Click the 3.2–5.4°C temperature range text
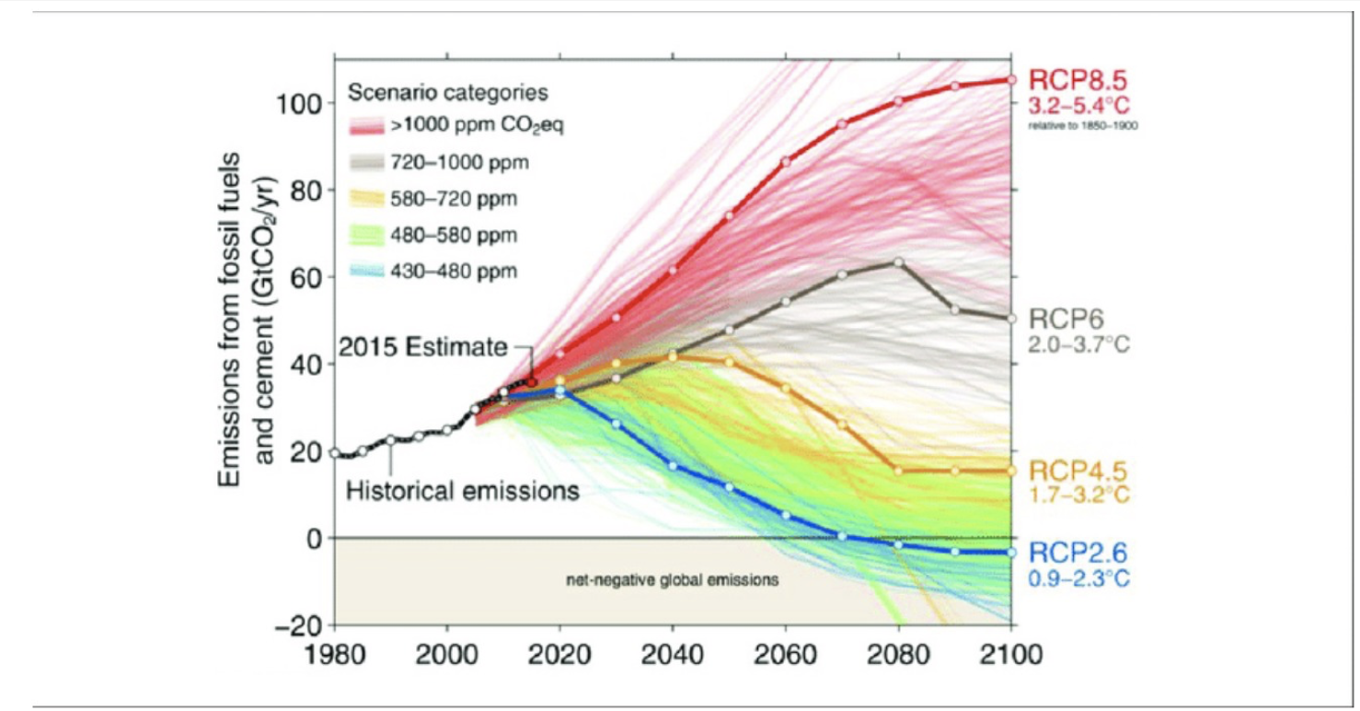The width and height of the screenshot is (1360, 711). (1078, 104)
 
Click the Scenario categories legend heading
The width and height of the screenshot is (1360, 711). (447, 93)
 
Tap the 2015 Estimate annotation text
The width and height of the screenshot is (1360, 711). (422, 348)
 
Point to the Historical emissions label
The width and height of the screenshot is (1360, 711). (463, 491)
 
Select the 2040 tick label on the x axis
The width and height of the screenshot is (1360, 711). (672, 656)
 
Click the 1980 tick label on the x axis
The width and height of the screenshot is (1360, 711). (334, 656)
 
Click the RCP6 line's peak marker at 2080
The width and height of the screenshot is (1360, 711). (899, 262)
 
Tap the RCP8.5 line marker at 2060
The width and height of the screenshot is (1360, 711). (786, 162)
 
